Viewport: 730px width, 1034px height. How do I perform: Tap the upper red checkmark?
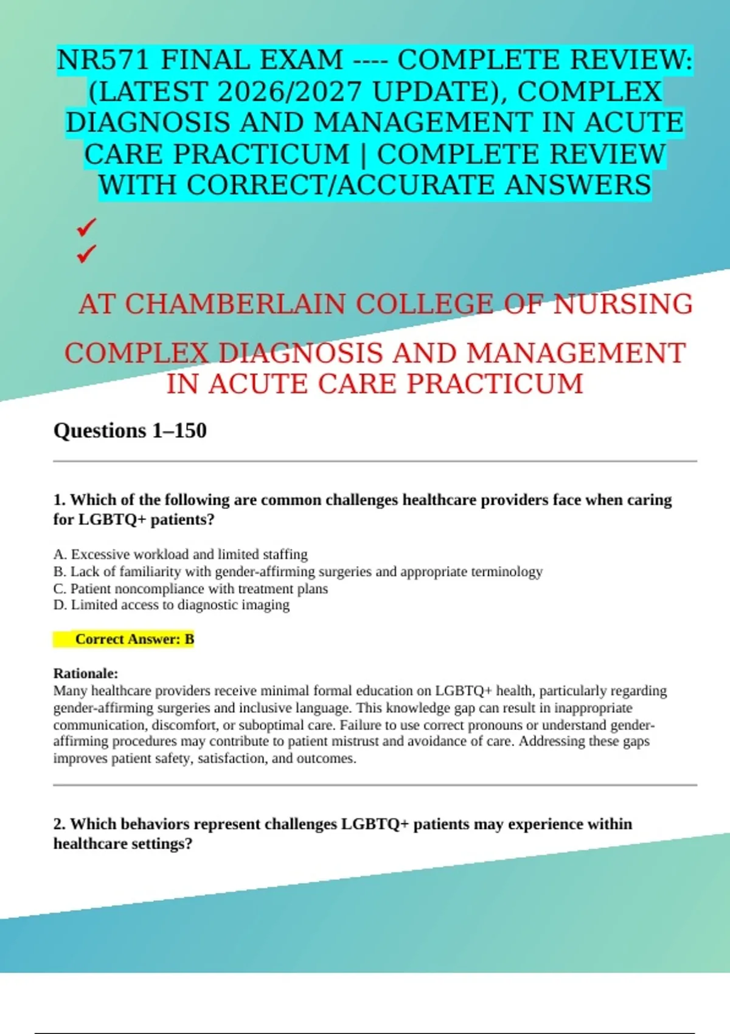click(x=86, y=228)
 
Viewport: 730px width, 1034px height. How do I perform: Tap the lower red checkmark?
click(x=86, y=253)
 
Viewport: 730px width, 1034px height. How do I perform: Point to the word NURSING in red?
click(x=622, y=304)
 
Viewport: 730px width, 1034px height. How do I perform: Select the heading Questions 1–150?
click(x=130, y=431)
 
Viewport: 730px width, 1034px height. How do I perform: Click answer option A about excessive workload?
click(x=181, y=555)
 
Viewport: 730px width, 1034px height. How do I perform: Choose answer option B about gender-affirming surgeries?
click(x=298, y=572)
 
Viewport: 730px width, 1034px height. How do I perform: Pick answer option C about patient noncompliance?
click(x=191, y=589)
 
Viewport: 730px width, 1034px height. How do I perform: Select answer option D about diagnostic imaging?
click(x=172, y=605)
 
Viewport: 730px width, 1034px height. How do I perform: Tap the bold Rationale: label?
click(x=86, y=673)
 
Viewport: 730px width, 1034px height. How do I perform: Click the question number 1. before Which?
click(x=60, y=500)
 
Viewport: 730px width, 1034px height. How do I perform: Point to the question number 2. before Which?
click(x=60, y=824)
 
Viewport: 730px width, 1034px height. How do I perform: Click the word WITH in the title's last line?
click(x=139, y=186)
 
